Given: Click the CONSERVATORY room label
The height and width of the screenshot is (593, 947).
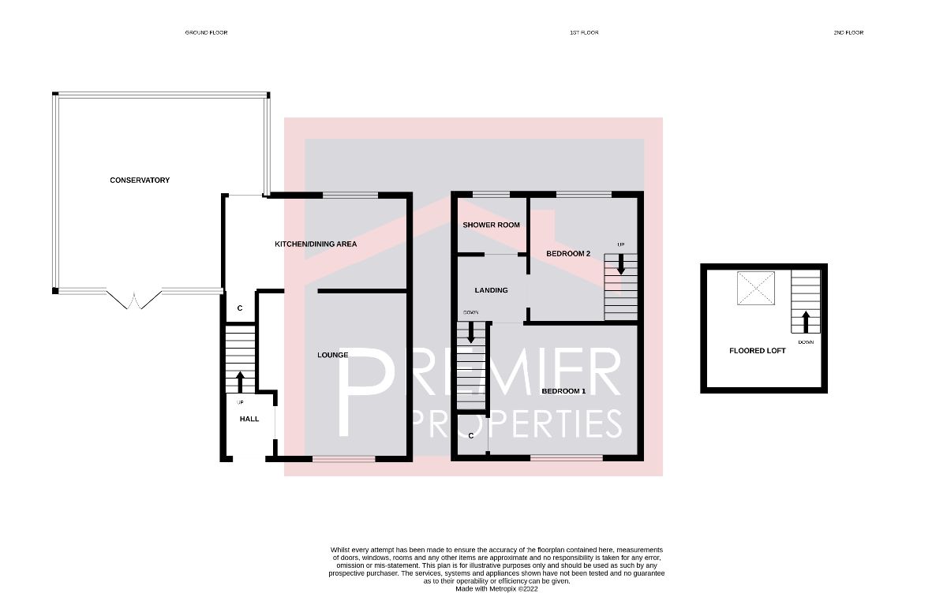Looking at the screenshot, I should (140, 181).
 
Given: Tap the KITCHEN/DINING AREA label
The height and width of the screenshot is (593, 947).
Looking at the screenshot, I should (316, 244).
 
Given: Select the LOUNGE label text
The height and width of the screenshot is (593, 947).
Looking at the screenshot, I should (333, 355).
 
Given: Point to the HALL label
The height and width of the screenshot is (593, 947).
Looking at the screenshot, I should (249, 419).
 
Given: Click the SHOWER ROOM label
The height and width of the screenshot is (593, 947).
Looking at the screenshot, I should (491, 225).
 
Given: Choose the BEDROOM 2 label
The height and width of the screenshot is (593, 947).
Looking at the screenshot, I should (568, 254).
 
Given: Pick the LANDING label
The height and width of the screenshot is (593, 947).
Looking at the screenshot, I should (491, 290).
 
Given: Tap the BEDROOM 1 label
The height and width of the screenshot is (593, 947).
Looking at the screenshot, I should (563, 391).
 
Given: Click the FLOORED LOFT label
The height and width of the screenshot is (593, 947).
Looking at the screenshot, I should (757, 350).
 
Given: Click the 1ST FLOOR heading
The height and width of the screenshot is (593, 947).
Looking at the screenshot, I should (584, 32).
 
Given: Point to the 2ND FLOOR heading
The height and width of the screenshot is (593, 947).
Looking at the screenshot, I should (848, 32).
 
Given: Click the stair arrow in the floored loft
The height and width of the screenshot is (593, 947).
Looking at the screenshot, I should (806, 322).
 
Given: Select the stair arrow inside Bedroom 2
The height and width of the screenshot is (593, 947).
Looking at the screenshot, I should (621, 263).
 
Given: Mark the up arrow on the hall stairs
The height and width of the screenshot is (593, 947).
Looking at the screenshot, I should (240, 382).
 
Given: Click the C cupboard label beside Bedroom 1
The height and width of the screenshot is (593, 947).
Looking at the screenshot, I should (470, 435).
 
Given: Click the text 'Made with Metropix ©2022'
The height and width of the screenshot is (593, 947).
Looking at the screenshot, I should (496, 588).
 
